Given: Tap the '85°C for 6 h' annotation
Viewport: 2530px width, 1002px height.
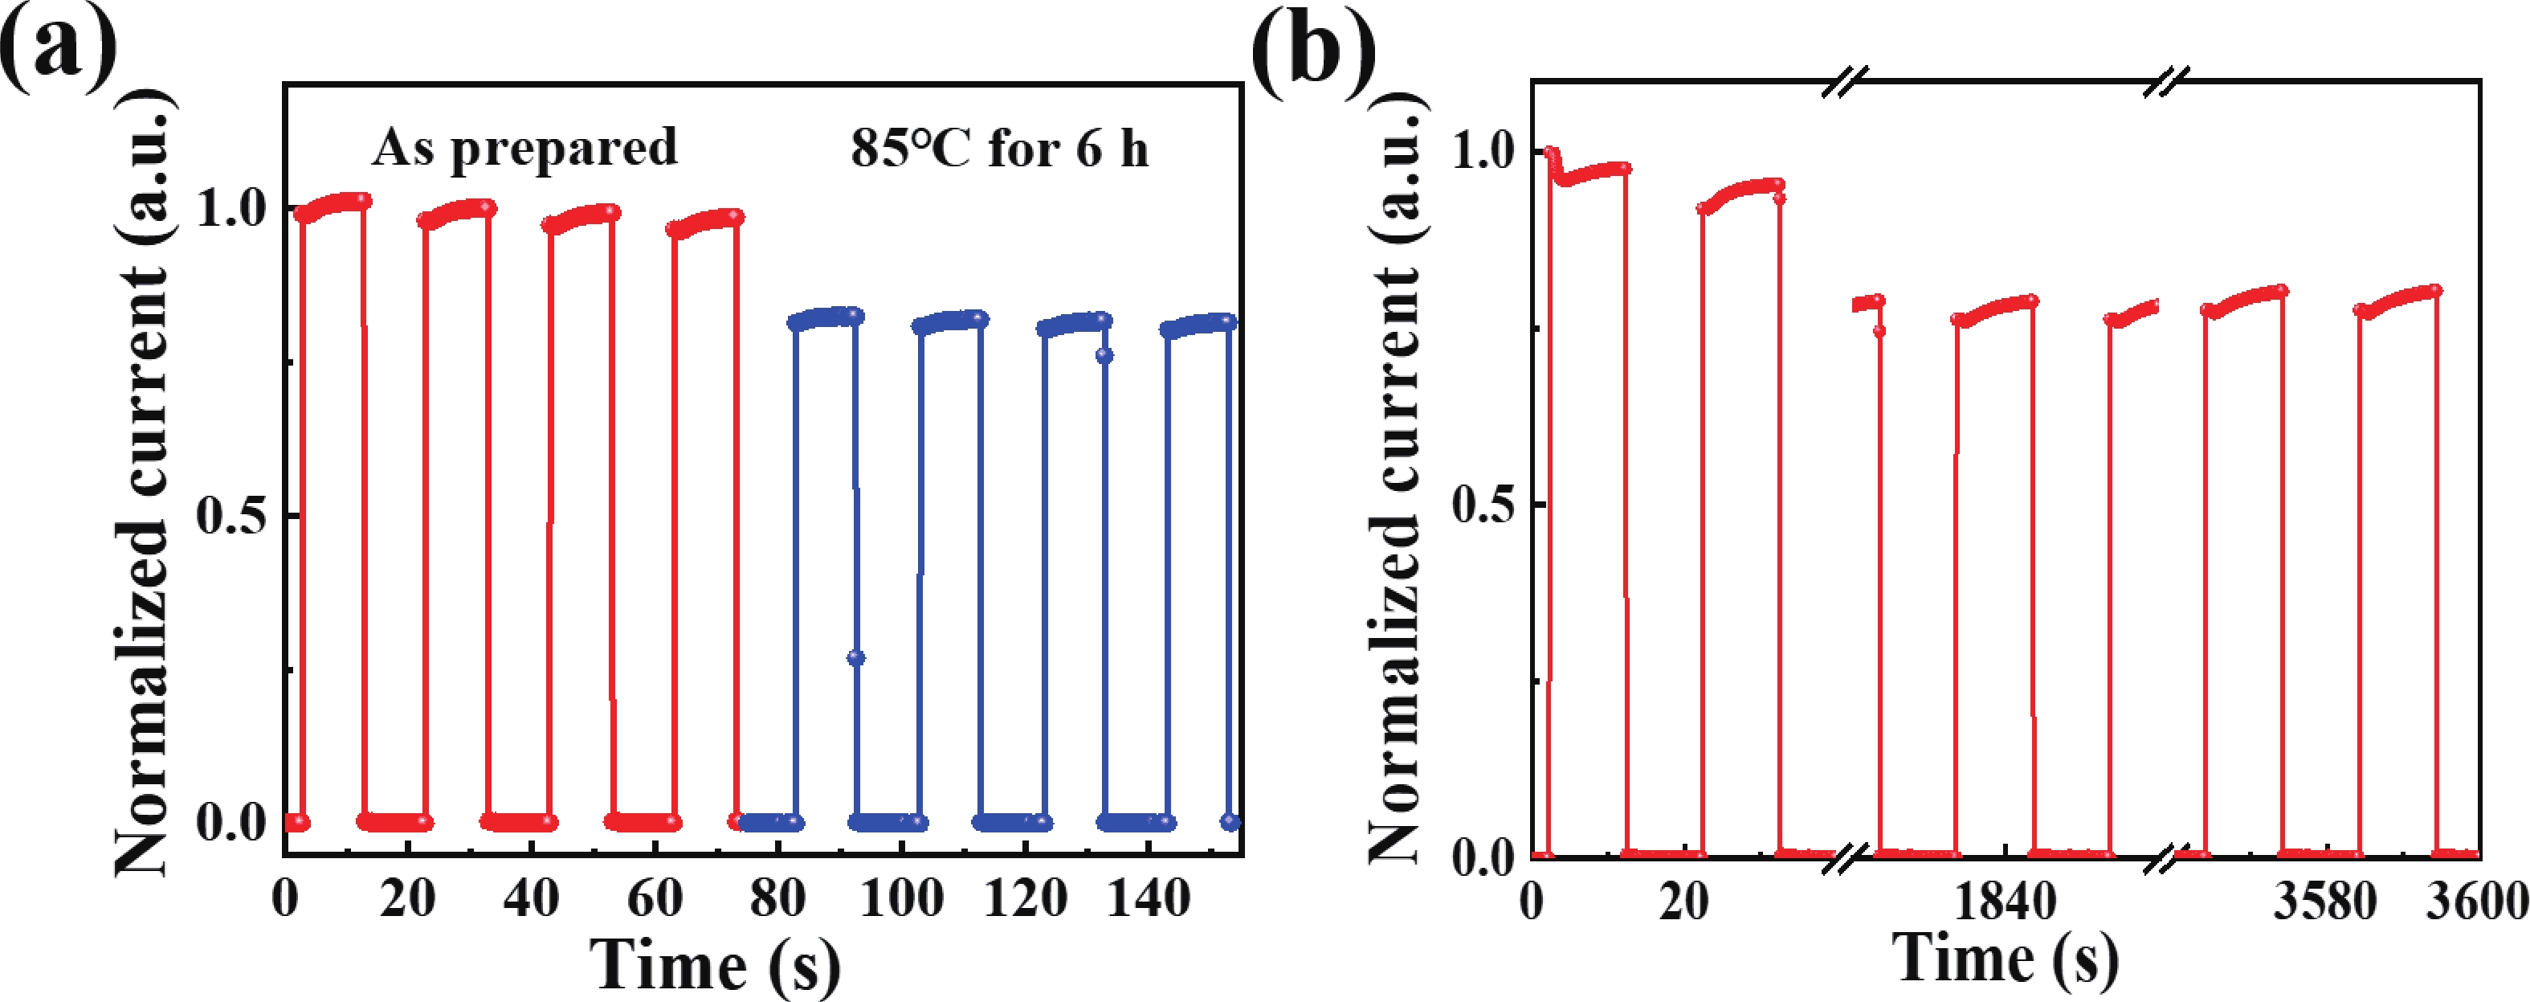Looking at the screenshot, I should tap(999, 149).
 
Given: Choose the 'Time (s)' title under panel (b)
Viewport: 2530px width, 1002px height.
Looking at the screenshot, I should tap(2005, 958).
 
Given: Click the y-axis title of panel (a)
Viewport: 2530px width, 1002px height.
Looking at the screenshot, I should tap(142, 481).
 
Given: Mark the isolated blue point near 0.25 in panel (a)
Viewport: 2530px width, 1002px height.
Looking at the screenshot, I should tap(855, 657).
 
